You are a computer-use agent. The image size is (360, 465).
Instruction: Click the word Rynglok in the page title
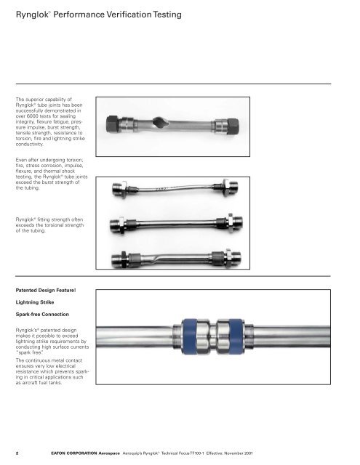(32, 15)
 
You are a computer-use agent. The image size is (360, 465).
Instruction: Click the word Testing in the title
(167, 15)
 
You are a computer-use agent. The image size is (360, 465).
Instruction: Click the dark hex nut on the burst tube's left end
(113, 124)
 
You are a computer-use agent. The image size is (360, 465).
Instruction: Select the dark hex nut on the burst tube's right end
(233, 126)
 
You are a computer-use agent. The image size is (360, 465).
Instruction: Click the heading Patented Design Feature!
(46, 291)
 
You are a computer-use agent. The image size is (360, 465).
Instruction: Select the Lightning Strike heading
(35, 302)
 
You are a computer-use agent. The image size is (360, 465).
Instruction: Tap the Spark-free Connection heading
(42, 314)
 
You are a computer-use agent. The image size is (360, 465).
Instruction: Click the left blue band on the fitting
(189, 336)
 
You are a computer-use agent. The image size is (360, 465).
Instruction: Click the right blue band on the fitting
(236, 336)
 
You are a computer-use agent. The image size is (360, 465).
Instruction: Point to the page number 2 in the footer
(17, 453)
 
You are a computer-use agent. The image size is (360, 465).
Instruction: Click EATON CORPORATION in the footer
(74, 453)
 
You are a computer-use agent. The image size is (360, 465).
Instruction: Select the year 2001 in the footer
(248, 453)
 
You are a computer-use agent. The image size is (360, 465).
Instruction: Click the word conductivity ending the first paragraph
(30, 144)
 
